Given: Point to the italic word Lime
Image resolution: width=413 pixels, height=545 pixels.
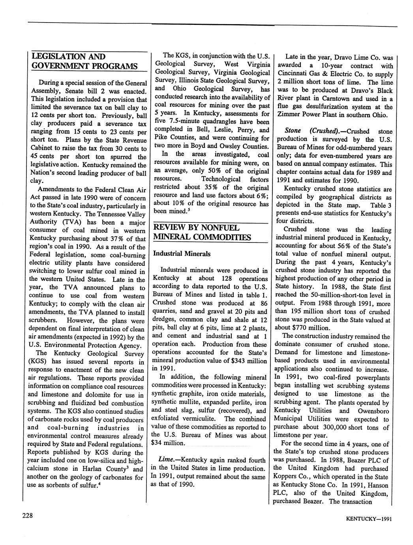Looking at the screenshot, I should pyautogui.click(x=164, y=460).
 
